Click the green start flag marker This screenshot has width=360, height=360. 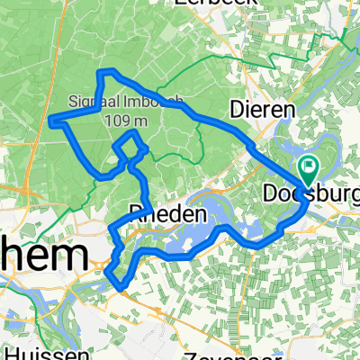click(310, 165)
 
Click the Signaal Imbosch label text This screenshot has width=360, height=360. click(113, 100)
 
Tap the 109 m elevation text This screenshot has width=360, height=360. click(115, 117)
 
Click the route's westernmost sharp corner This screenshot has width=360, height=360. click(50, 120)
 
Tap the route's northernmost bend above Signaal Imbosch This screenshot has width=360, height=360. click(110, 70)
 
